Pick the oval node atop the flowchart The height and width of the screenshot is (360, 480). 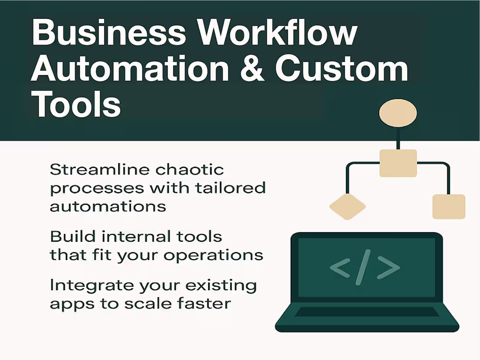coord(398,113)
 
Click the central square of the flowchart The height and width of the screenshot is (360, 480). coord(398,163)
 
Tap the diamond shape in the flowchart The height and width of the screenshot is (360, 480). coord(347,206)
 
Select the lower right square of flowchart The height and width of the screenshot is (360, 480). coord(449,206)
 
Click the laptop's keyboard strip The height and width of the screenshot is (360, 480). coord(367,312)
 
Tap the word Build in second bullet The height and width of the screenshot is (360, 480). coord(68,237)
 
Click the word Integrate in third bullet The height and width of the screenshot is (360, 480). coord(91,285)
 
